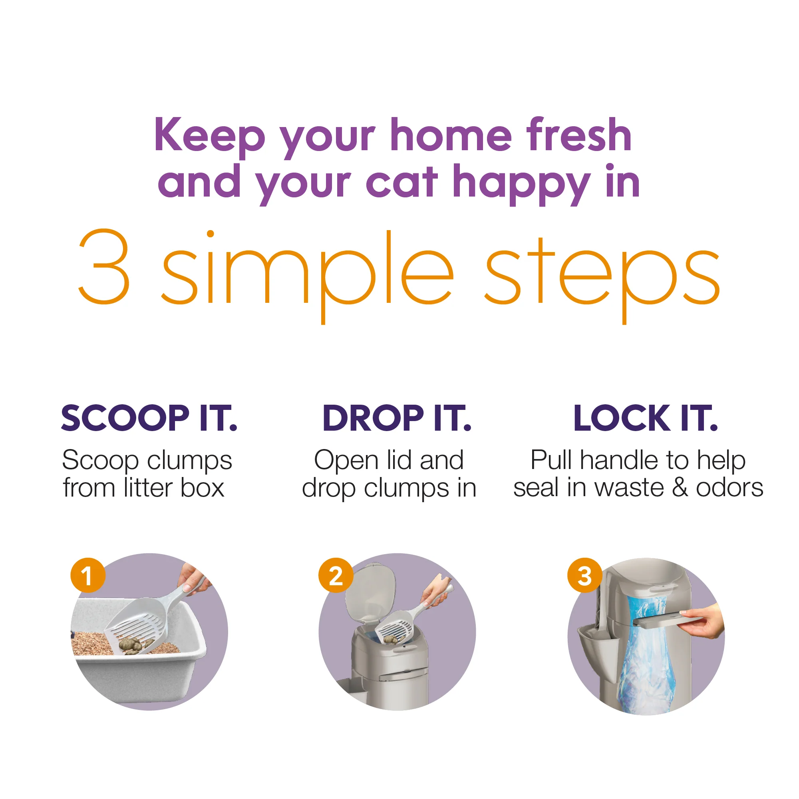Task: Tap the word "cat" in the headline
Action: [401, 182]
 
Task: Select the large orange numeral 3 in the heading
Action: [104, 266]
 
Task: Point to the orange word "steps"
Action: [602, 278]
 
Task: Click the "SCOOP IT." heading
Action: [149, 418]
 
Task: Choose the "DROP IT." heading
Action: [397, 418]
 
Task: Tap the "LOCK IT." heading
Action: [646, 418]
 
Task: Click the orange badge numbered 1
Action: [87, 575]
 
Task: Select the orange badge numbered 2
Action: [336, 575]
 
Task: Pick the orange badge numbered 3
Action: [585, 575]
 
